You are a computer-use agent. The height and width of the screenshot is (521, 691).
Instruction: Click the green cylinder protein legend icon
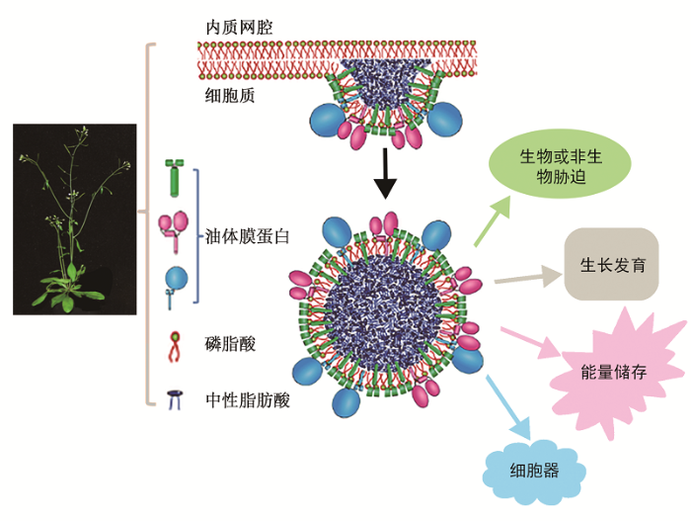click(174, 177)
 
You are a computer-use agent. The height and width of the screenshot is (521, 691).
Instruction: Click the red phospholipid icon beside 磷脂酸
click(175, 343)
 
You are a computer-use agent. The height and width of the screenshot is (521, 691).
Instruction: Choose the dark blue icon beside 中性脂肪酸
click(176, 399)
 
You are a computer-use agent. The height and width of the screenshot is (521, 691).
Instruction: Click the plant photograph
click(75, 218)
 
